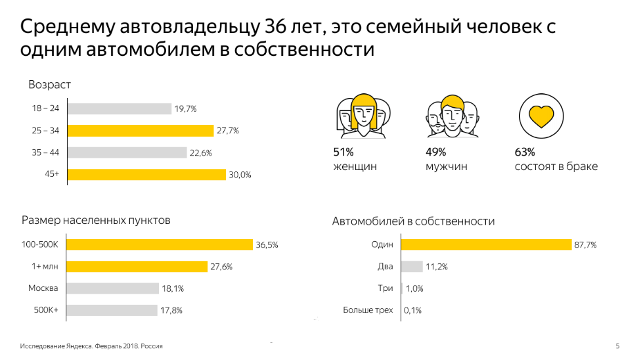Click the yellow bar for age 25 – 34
pyautogui.click(x=141, y=131)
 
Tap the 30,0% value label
pyautogui.click(x=240, y=175)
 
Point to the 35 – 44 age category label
pyautogui.click(x=45, y=152)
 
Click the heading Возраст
pyautogui.click(x=49, y=85)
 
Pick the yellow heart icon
pyautogui.click(x=541, y=116)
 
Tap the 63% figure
pyautogui.click(x=525, y=152)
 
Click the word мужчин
pyautogui.click(x=447, y=167)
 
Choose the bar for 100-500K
pyautogui.click(x=160, y=245)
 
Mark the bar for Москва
pyautogui.click(x=113, y=288)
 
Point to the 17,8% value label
pyautogui.click(x=172, y=311)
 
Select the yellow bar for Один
pyautogui.click(x=486, y=245)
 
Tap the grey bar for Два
pyautogui.click(x=412, y=267)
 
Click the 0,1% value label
pyautogui.click(x=413, y=311)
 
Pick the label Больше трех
pyautogui.click(x=368, y=310)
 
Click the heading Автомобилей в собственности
pyautogui.click(x=413, y=221)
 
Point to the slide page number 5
pyautogui.click(x=617, y=346)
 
